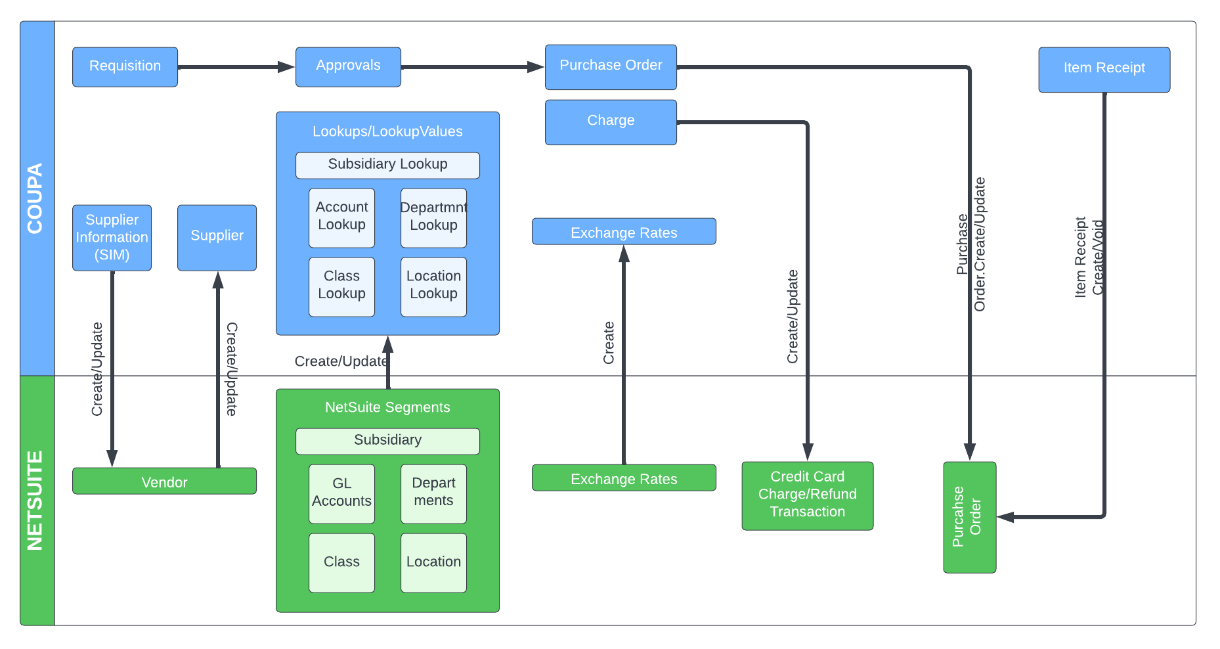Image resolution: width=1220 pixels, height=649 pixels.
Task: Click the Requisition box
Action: click(x=125, y=66)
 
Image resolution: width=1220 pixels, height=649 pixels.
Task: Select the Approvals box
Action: click(x=348, y=66)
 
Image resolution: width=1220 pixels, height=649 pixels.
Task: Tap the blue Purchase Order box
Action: click(x=611, y=66)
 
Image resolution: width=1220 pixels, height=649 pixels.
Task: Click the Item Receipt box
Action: click(x=1104, y=69)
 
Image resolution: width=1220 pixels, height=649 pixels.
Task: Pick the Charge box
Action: click(x=611, y=122)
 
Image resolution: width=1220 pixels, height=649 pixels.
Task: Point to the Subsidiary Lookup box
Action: click(x=387, y=165)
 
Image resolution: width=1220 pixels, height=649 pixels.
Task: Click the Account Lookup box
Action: click(x=341, y=217)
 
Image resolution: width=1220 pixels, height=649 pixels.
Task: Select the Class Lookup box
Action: click(x=341, y=286)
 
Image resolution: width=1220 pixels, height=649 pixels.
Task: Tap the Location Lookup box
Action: click(x=433, y=286)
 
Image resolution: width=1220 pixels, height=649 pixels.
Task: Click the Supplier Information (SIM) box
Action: click(x=112, y=237)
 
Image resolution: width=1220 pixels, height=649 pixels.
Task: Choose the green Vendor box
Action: click(x=164, y=481)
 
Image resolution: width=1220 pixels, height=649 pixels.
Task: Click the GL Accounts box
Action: click(x=341, y=493)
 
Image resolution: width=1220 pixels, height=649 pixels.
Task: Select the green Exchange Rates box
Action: click(x=624, y=478)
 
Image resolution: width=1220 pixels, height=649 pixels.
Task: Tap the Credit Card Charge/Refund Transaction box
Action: click(x=807, y=495)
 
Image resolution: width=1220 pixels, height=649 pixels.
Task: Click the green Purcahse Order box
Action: click(x=969, y=517)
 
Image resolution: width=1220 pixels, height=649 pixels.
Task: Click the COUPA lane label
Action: click(x=36, y=198)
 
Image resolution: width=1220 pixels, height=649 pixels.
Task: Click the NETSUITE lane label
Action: click(x=36, y=500)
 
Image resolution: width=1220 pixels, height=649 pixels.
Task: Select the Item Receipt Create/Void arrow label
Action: click(x=1089, y=257)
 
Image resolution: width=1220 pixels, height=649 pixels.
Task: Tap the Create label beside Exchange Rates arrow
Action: click(x=609, y=342)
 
